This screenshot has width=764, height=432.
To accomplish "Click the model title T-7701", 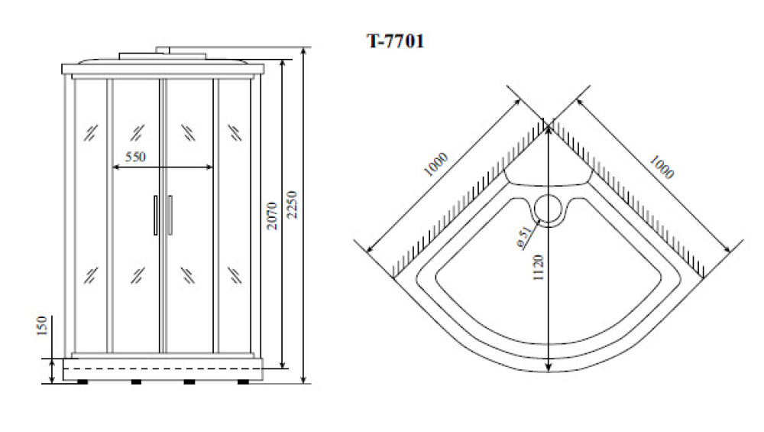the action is (395, 41).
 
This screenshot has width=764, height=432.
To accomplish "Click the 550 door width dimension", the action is (135, 157).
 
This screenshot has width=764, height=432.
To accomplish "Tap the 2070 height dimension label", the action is (272, 216).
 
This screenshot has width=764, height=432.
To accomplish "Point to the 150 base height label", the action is (42, 326).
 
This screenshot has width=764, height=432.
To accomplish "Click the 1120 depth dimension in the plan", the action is (538, 267).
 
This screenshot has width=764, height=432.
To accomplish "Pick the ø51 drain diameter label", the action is (524, 238).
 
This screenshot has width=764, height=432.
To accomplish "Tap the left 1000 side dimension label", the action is (435, 165).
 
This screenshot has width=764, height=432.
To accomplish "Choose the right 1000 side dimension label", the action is (662, 167).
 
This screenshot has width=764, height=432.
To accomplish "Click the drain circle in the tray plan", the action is (549, 209).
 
